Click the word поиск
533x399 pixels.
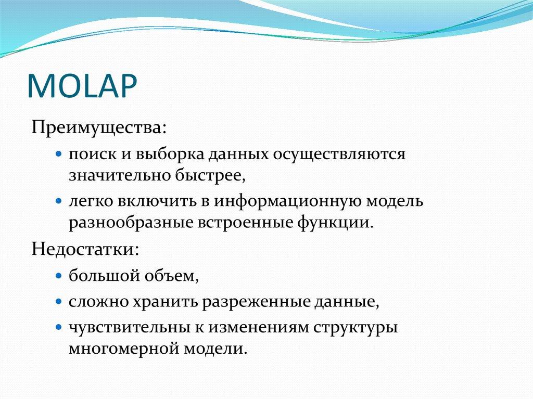coord(92,155)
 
